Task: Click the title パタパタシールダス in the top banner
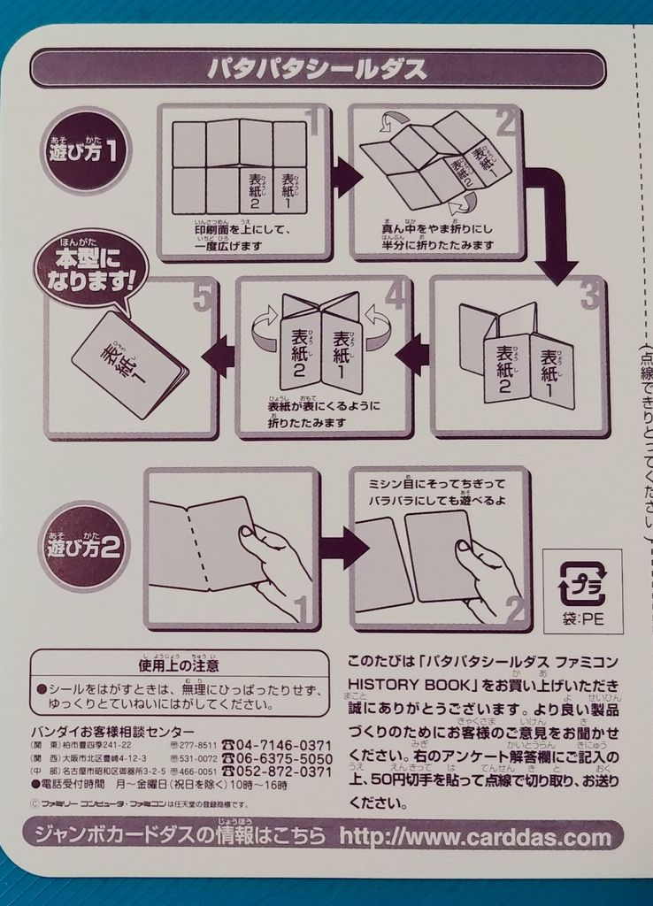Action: coord(317,69)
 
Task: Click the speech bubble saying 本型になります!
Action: coord(90,269)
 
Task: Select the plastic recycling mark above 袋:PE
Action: coord(582,584)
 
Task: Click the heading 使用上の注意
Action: coord(179,664)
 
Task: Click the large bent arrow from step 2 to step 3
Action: coord(550,221)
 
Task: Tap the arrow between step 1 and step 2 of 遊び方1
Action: coord(345,178)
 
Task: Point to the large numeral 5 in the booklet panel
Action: coord(202,299)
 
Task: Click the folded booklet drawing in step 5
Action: coord(129,365)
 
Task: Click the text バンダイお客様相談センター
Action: coord(112,731)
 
